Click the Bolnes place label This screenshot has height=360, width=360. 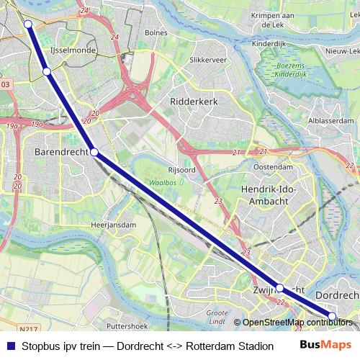click(156, 32)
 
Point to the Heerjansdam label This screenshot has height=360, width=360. click(114, 225)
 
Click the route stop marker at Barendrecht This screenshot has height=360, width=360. click(94, 152)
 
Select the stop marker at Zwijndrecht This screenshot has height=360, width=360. click(279, 288)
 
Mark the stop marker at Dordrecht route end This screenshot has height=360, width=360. click(332, 316)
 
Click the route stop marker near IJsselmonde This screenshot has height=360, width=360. click(47, 71)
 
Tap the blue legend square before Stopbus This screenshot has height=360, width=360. click(11, 346)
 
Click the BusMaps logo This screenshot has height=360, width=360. click(325, 345)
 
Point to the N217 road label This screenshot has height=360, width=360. click(29, 329)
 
